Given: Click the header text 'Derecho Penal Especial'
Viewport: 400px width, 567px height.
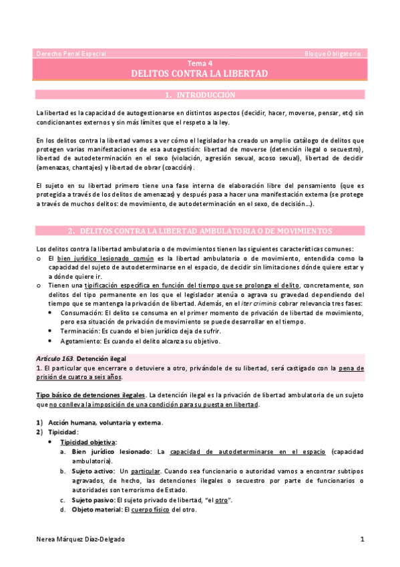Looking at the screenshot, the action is point(70,53).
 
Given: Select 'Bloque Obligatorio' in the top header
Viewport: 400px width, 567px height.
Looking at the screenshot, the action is point(331,53).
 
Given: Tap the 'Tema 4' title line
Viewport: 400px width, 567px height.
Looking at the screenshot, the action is point(200,63).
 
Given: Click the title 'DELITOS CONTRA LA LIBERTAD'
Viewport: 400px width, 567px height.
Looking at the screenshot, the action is point(200,73).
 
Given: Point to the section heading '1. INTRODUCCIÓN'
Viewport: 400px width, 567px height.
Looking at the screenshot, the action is point(200,96).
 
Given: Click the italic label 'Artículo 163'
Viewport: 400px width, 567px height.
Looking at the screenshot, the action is point(53,359).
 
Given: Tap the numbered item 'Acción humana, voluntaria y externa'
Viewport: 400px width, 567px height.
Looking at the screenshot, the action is point(106,423).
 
